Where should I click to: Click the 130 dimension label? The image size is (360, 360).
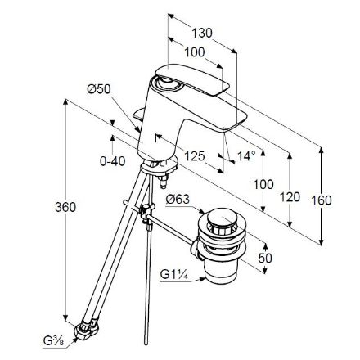coord(202,34)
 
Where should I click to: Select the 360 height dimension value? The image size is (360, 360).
coord(65,207)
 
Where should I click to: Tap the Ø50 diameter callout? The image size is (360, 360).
coord(99,89)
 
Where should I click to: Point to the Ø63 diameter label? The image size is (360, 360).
coord(178,200)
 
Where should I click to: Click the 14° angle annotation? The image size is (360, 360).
coord(246,156)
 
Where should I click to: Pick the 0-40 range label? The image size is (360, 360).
coord(113,161)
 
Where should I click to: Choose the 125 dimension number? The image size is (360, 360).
coord(195,156)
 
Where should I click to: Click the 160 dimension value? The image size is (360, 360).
coord(322,200)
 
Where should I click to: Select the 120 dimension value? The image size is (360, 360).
coord(290,197)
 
